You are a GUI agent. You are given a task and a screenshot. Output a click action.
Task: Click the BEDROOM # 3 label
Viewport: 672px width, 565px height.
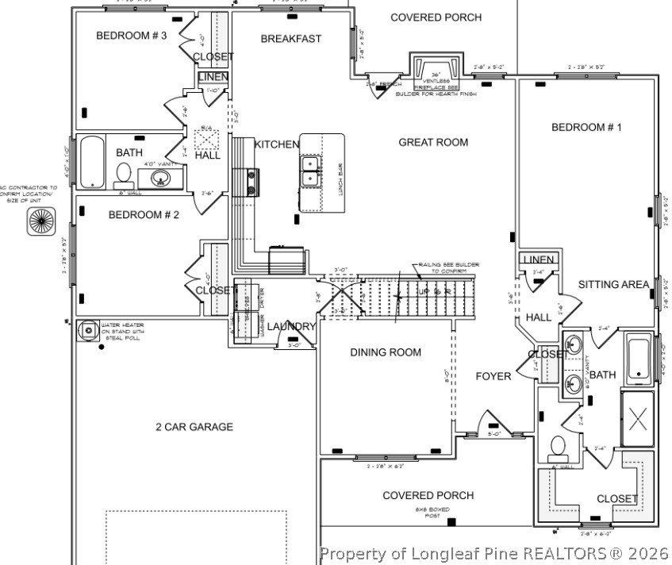coord(131,35)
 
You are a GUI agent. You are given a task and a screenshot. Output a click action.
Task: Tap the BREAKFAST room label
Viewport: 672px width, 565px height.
coord(290,38)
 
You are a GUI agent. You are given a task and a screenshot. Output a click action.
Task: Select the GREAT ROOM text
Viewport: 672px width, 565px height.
coord(432,143)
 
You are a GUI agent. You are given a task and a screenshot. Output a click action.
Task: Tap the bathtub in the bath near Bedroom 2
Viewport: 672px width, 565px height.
coord(93,162)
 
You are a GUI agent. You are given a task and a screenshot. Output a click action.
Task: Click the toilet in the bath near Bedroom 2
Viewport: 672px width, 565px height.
coord(124,174)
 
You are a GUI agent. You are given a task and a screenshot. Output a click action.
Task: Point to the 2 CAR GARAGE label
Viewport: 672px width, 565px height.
coord(194,427)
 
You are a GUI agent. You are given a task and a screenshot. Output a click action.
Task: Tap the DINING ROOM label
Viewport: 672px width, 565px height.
coord(386,352)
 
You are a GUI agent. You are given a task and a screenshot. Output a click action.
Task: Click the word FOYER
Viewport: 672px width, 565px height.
coord(493,376)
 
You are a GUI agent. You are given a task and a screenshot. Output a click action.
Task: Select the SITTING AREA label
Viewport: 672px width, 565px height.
coord(613,284)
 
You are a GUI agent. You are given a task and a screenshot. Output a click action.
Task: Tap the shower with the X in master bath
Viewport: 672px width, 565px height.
coord(638,420)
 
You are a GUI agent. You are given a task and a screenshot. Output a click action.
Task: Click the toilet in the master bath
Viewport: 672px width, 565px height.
coord(558,448)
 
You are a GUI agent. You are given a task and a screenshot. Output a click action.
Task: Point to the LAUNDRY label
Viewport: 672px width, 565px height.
coord(291,327)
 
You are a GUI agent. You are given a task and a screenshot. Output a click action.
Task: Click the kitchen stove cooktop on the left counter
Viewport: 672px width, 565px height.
coord(253,182)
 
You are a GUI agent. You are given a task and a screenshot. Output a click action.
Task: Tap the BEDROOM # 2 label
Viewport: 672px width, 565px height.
coord(144,214)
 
